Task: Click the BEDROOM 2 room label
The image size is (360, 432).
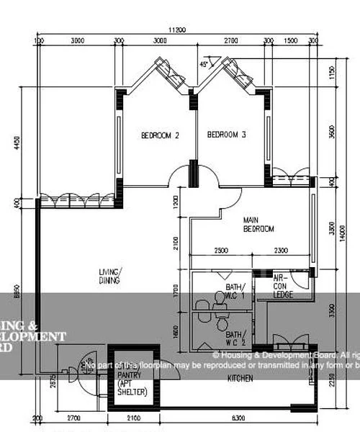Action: tap(160, 135)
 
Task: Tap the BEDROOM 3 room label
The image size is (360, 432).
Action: tap(227, 135)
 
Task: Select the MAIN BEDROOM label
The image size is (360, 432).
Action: tap(259, 225)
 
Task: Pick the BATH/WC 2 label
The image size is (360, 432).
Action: tap(235, 338)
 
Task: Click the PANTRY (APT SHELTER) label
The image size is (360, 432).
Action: tap(131, 383)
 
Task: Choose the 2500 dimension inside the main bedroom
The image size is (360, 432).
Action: tap(220, 251)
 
